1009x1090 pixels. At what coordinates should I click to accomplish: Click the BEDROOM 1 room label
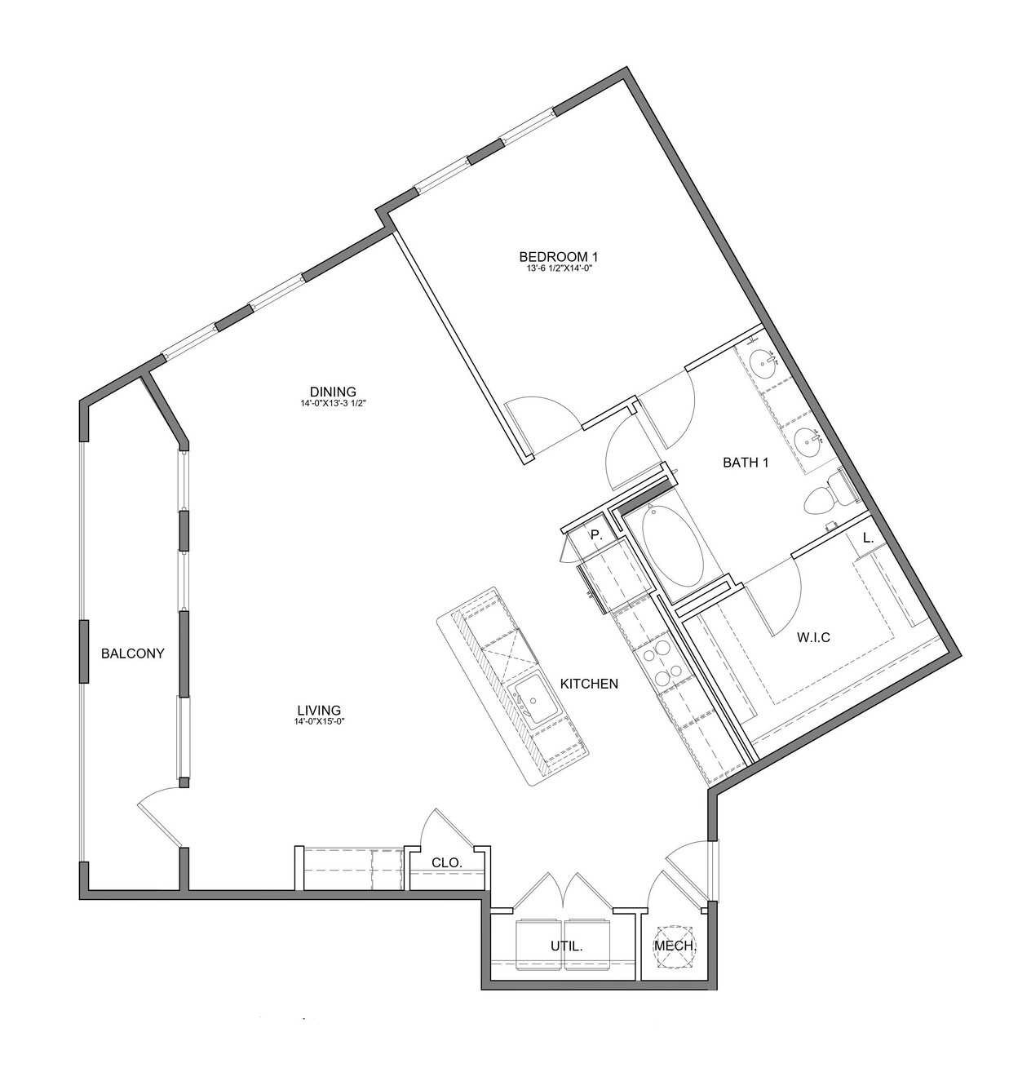pyautogui.click(x=558, y=256)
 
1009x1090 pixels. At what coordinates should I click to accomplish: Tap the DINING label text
pyautogui.click(x=334, y=392)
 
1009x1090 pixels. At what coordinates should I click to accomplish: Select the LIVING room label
pyautogui.click(x=319, y=710)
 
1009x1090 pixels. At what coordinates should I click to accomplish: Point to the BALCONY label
pyautogui.click(x=133, y=654)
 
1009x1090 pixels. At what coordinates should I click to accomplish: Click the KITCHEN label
pyautogui.click(x=589, y=684)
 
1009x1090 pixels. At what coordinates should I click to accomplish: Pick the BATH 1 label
pyautogui.click(x=746, y=462)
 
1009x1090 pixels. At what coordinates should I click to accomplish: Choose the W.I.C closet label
pyautogui.click(x=813, y=636)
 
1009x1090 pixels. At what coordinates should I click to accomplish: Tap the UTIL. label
pyautogui.click(x=567, y=946)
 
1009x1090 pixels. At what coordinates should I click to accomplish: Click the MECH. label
pyautogui.click(x=675, y=946)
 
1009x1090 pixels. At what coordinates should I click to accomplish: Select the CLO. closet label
pyautogui.click(x=447, y=862)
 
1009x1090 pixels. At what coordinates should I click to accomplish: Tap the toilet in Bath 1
pyautogui.click(x=829, y=493)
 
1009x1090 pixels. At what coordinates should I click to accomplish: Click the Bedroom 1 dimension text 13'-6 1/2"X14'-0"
pyautogui.click(x=558, y=268)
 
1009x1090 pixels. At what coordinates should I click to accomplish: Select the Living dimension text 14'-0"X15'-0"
pyautogui.click(x=319, y=721)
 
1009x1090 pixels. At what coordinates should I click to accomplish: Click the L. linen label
pyautogui.click(x=868, y=538)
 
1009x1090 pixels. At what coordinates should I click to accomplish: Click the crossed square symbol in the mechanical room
pyautogui.click(x=675, y=946)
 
